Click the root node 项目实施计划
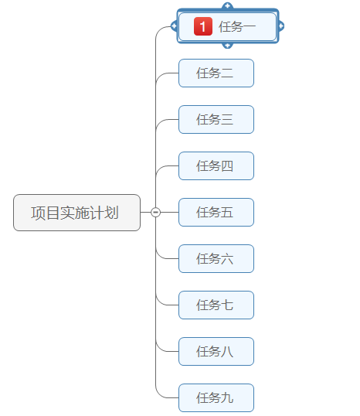(x=76, y=213)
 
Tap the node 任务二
(x=216, y=73)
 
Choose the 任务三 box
(x=216, y=120)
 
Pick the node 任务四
(x=216, y=166)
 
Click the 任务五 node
(x=216, y=213)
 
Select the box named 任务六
(x=216, y=259)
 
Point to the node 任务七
(x=216, y=305)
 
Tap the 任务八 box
(x=216, y=352)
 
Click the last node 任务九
(x=216, y=398)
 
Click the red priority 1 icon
(x=202, y=27)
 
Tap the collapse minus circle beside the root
(x=155, y=213)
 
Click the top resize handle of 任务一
(x=227, y=7)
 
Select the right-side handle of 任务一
(x=280, y=26)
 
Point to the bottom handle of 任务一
(x=227, y=46)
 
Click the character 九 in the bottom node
(x=227, y=398)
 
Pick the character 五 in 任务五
(x=227, y=213)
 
